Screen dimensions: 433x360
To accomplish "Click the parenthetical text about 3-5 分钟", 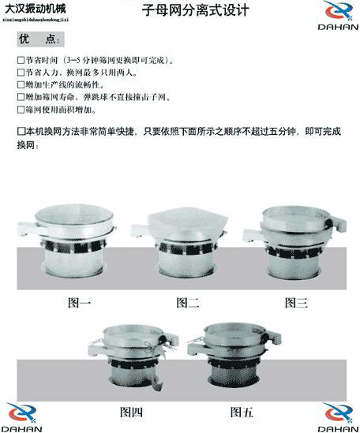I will click(x=119, y=60).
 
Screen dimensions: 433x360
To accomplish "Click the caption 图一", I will click(x=79, y=301).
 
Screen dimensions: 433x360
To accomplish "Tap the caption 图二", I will click(x=187, y=301).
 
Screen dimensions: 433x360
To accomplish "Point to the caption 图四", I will click(x=131, y=412).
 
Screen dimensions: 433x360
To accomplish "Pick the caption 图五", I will click(x=242, y=412).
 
